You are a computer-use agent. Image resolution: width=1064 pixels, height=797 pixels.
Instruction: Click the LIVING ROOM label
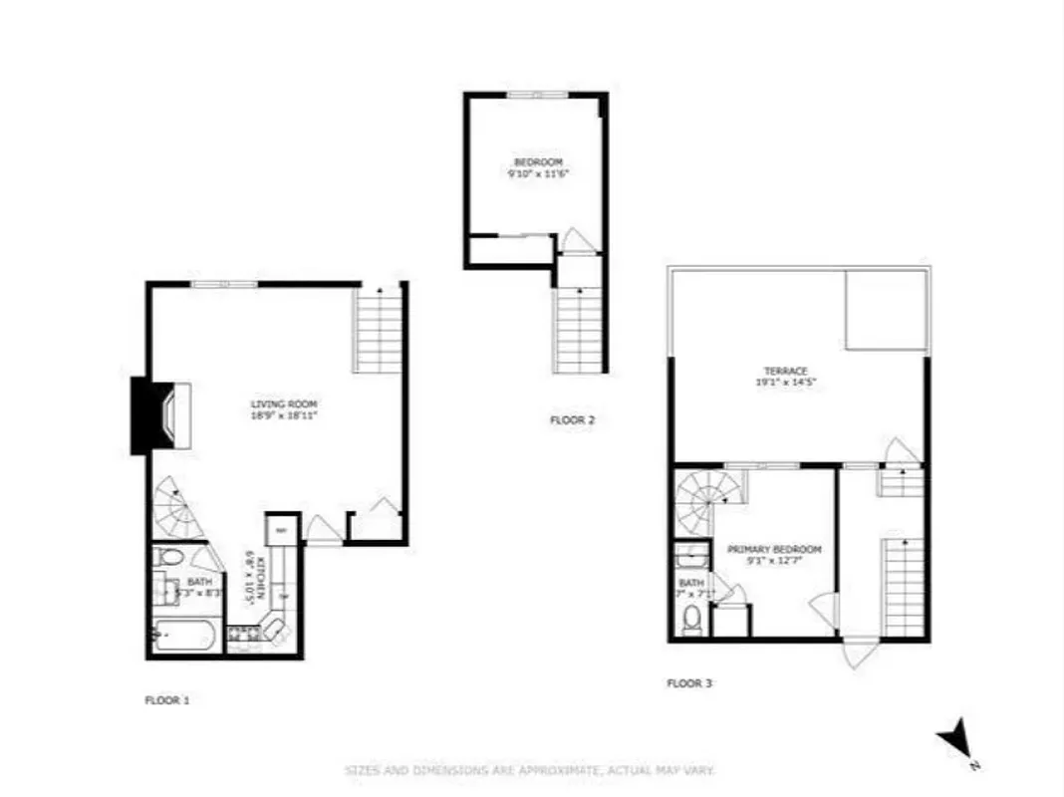pyautogui.click(x=284, y=403)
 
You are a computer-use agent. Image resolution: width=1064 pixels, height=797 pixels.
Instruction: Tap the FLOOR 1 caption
pyautogui.click(x=166, y=700)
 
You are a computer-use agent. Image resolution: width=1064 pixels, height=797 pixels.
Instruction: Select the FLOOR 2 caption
pyautogui.click(x=572, y=420)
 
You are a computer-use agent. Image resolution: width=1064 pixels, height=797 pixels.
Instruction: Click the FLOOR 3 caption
pyautogui.click(x=688, y=683)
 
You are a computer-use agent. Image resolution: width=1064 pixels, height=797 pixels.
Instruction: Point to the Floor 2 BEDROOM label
pyautogui.click(x=538, y=162)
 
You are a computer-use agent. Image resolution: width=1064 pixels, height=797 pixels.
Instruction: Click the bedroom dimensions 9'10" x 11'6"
pyautogui.click(x=538, y=173)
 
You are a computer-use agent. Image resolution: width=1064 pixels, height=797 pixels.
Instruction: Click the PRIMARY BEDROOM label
pyautogui.click(x=774, y=550)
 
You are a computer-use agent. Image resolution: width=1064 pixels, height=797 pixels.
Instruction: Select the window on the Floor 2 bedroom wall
pyautogui.click(x=537, y=95)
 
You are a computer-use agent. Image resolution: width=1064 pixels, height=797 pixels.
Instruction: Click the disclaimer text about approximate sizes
pyautogui.click(x=530, y=770)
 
